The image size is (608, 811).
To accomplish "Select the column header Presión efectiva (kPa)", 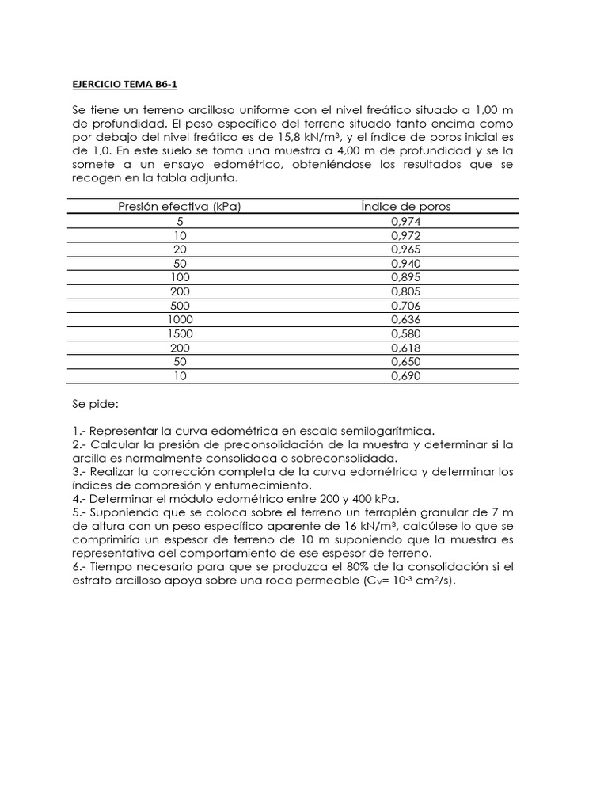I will pos(180,207).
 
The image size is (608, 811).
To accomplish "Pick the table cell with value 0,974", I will pos(406,222).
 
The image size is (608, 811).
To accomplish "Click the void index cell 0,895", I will pos(406,276).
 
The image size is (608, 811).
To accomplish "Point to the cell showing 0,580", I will pos(406,334).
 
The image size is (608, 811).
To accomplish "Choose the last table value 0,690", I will pos(406,376).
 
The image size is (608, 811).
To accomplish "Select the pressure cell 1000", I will pos(180,320).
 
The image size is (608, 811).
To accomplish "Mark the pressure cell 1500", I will pos(180,334).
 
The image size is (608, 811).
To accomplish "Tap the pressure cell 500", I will pos(180,306).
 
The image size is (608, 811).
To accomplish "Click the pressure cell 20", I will pos(180,249).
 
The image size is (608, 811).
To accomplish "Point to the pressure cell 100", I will pos(180,276).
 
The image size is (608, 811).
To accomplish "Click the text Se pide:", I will pos(95,404).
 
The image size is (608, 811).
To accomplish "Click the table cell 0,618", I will pos(406,348).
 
